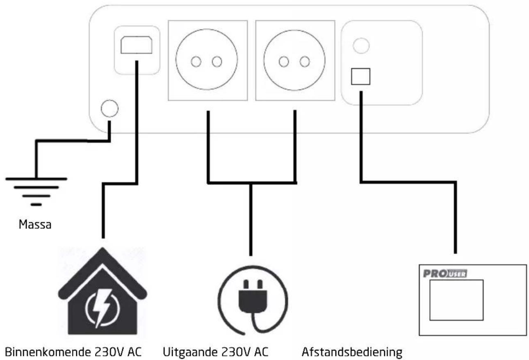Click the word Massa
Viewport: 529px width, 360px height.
(x=35, y=224)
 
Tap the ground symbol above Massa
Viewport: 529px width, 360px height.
(x=36, y=191)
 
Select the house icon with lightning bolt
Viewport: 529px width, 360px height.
(x=103, y=291)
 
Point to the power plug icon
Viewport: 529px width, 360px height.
(x=253, y=300)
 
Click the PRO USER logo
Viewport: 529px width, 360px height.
(x=445, y=273)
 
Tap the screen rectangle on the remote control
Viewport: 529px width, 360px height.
(x=456, y=300)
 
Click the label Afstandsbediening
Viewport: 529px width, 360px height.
(x=352, y=352)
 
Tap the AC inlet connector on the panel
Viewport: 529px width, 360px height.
(x=136, y=45)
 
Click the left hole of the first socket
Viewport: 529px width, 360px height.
(x=196, y=62)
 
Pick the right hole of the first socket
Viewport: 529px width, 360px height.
(x=217, y=62)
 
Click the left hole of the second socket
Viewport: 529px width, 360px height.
(x=284, y=62)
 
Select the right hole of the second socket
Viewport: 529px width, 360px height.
(x=305, y=62)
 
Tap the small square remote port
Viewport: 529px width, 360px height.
(x=360, y=77)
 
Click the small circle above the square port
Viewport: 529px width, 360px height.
(x=361, y=46)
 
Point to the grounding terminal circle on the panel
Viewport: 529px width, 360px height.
(x=109, y=108)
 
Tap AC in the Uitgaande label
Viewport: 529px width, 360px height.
(x=261, y=352)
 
